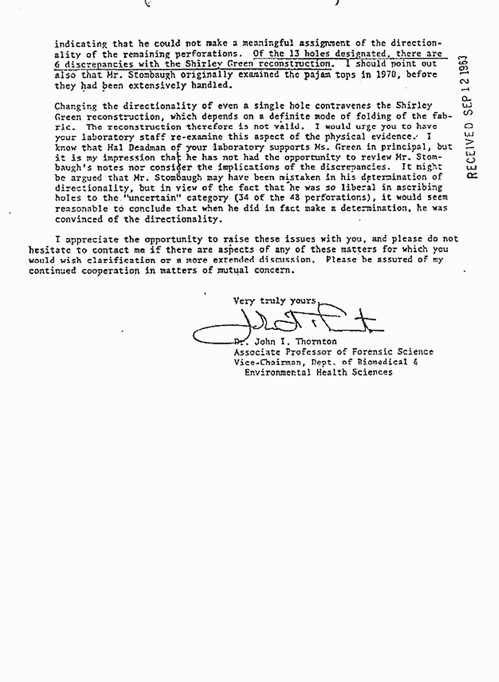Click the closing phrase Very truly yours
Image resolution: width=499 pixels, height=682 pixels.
(x=275, y=301)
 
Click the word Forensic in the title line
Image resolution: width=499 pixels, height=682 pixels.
(x=363, y=352)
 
